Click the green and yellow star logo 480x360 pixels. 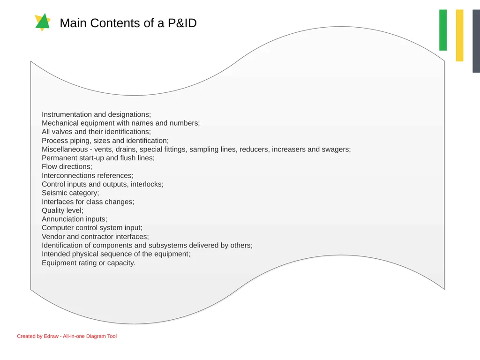pyautogui.click(x=43, y=22)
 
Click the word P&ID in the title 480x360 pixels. pyautogui.click(x=182, y=23)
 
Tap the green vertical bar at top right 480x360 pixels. pyautogui.click(x=442, y=30)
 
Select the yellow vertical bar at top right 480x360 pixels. pyautogui.click(x=459, y=36)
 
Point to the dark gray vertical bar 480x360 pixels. pyautogui.click(x=476, y=41)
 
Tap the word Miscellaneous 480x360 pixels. pyautogui.click(x=65, y=150)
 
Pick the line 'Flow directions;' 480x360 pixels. pyautogui.click(x=67, y=166)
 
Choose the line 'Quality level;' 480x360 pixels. pyautogui.click(x=62, y=210)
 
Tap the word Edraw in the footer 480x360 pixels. pyautogui.click(x=51, y=336)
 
